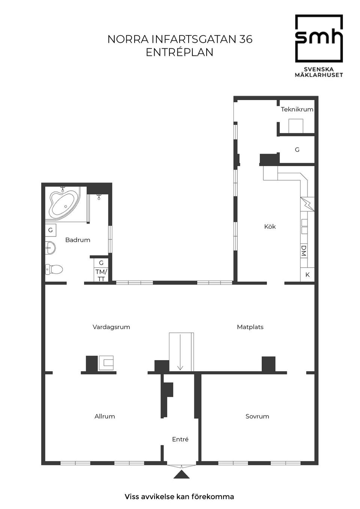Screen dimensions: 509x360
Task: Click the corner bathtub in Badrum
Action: click(64, 205)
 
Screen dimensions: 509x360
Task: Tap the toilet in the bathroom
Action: click(54, 269)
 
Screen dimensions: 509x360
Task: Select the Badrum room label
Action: click(78, 240)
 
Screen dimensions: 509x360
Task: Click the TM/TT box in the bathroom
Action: click(101, 275)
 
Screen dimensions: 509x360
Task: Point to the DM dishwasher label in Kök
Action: click(303, 251)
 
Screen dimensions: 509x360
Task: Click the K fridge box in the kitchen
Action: click(307, 275)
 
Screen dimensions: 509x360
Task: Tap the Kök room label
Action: click(270, 226)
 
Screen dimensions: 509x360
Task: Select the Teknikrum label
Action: click(297, 109)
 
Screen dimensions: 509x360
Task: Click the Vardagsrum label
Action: click(111, 327)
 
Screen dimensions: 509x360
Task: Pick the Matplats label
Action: click(250, 327)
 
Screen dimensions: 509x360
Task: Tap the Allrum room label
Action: click(105, 416)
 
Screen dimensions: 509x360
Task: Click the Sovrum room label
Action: click(257, 416)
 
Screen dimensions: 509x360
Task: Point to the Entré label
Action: click(180, 439)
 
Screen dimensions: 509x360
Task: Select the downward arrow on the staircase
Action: click(180, 352)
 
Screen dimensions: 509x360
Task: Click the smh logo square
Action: click(319, 39)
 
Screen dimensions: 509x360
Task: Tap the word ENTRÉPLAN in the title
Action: click(180, 52)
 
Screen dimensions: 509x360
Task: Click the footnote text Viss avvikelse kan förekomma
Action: click(179, 497)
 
